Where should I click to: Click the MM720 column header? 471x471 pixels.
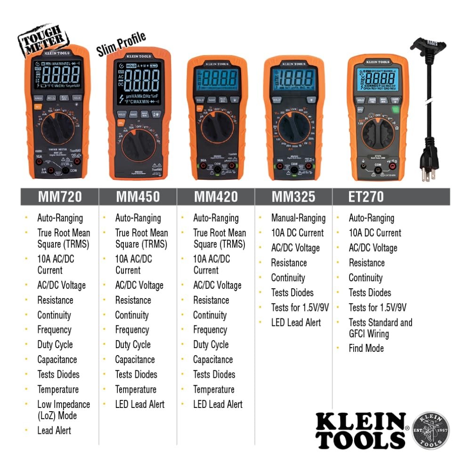pos(60,197)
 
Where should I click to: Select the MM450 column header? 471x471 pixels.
pos(138,197)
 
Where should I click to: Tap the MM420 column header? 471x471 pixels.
pos(216,197)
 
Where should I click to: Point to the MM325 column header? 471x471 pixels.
pos(293,197)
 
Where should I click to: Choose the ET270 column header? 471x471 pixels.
pos(366,197)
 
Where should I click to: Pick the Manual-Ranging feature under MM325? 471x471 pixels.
pos(298,218)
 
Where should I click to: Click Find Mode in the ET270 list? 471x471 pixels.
pos(366,349)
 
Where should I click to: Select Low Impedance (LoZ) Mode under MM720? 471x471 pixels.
pos(64,410)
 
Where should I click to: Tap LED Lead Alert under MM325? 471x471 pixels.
pos(296,323)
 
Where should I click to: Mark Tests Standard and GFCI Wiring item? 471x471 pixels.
pos(380,328)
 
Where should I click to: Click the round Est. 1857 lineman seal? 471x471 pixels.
pos(430,431)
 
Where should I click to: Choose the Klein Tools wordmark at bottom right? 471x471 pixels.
pos(360,430)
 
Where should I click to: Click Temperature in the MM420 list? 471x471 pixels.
pos(213,390)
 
